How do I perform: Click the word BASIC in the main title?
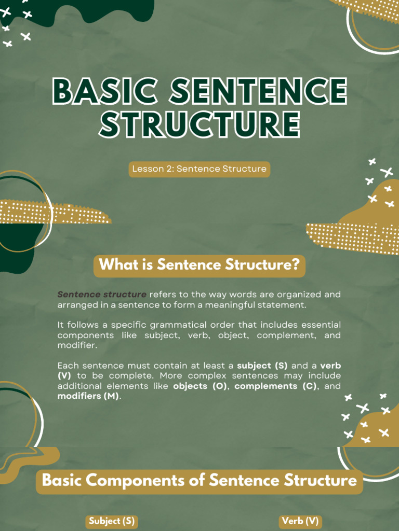[x=105, y=90]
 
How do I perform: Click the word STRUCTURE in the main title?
[x=199, y=124]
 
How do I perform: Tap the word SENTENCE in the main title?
[x=259, y=90]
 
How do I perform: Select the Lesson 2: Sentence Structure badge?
[x=199, y=169]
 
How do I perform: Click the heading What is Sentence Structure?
[x=199, y=264]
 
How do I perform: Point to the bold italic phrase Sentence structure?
[x=102, y=295]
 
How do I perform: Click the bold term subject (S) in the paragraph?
[x=262, y=366]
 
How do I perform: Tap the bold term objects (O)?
[x=200, y=386]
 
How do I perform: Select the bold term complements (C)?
[x=275, y=386]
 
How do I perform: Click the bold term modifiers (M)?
[x=88, y=396]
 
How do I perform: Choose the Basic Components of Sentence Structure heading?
[x=199, y=481]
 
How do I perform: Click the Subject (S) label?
[x=112, y=521]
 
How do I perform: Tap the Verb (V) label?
[x=300, y=521]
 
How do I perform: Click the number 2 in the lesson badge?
[x=170, y=169]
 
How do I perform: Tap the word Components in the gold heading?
[x=134, y=481]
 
